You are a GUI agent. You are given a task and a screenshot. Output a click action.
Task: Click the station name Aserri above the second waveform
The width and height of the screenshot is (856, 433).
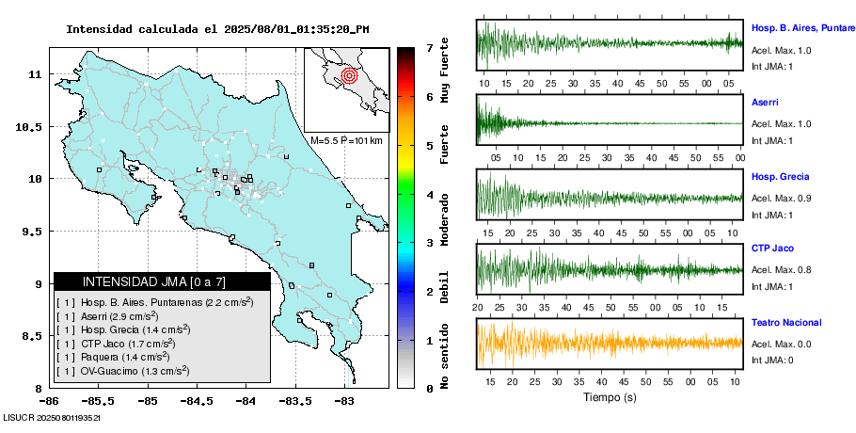(765, 101)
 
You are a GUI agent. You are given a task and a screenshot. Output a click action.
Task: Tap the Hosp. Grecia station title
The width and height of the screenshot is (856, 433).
(780, 176)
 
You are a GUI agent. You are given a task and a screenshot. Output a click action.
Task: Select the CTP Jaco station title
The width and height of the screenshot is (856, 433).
(773, 249)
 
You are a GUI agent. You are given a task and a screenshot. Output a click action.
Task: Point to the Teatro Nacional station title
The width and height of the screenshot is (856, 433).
(786, 323)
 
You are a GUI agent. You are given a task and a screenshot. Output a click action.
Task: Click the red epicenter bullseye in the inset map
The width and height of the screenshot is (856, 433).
(349, 73)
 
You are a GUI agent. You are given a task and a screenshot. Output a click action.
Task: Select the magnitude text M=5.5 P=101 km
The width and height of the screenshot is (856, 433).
(346, 140)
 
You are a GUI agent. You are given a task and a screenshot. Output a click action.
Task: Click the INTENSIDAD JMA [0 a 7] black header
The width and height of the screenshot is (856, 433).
(162, 281)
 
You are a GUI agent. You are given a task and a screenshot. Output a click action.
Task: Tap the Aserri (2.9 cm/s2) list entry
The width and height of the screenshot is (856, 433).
(126, 316)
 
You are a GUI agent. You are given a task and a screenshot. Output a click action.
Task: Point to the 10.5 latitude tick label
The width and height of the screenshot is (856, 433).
(32, 126)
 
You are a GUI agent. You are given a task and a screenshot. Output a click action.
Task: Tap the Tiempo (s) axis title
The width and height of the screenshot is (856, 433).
(609, 398)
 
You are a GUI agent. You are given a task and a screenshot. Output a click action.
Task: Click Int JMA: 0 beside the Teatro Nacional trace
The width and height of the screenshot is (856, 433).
(772, 361)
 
